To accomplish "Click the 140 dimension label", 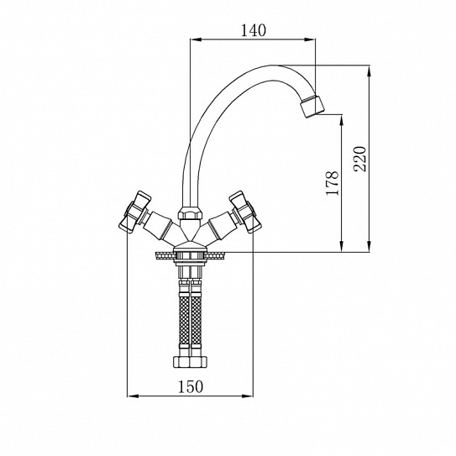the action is (x=254, y=30).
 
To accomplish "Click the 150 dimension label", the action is (x=191, y=387).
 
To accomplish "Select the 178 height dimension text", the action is (x=333, y=183).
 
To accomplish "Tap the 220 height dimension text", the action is (x=359, y=159).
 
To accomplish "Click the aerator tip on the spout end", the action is (x=312, y=106).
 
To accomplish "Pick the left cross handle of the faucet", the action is (x=135, y=212).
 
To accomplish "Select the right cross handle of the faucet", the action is (x=245, y=212).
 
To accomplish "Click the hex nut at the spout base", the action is (x=190, y=213).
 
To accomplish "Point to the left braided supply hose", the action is (x=184, y=317).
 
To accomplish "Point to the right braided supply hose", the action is (x=196, y=317).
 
